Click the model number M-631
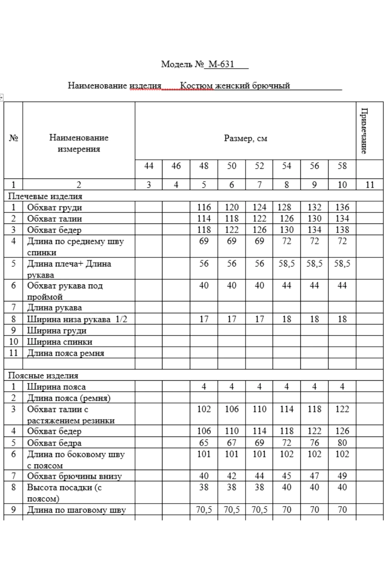(x=221, y=64)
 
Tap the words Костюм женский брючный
(x=235, y=86)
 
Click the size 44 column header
(x=149, y=166)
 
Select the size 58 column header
(x=342, y=166)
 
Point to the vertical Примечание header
(x=364, y=131)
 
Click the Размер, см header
(x=245, y=138)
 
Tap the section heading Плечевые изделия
(x=45, y=196)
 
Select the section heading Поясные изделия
(x=43, y=376)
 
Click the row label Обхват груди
(x=55, y=207)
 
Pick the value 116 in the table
(x=204, y=207)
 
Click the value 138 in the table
(x=342, y=230)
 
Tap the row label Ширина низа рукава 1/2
(x=77, y=319)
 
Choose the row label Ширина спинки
(x=60, y=342)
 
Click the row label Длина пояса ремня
(x=66, y=353)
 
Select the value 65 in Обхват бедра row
(x=204, y=443)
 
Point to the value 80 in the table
(x=342, y=443)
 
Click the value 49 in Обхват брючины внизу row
(x=342, y=476)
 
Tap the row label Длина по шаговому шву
(x=76, y=510)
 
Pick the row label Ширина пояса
(x=56, y=387)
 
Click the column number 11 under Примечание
(x=369, y=185)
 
